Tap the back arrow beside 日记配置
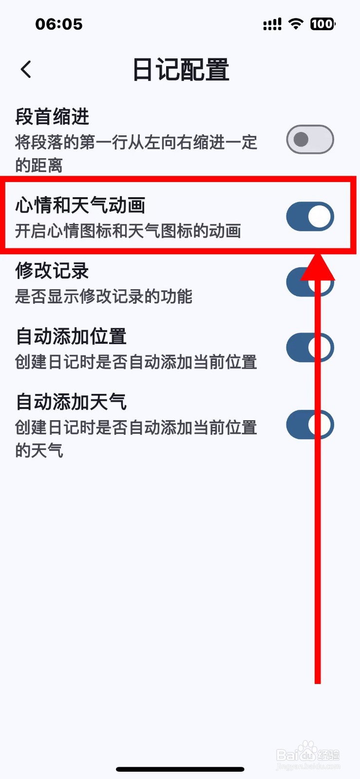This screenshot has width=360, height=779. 26,69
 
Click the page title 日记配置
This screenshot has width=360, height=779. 181,70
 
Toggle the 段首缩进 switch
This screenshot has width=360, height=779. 310,140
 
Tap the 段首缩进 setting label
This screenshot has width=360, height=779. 53,117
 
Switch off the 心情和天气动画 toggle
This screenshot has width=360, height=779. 310,217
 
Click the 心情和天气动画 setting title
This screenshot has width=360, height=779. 80,205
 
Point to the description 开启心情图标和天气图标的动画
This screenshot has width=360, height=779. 128,231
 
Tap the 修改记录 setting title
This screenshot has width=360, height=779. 52,271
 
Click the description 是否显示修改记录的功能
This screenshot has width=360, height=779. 103,296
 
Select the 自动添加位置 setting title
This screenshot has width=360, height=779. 71,336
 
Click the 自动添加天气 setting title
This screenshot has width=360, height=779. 71,402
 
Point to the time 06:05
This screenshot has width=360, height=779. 59,24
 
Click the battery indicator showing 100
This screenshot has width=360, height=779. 322,24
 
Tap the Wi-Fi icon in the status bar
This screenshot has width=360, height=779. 296,24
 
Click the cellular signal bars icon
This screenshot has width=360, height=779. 272,24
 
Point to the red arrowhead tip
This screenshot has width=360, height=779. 318,256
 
